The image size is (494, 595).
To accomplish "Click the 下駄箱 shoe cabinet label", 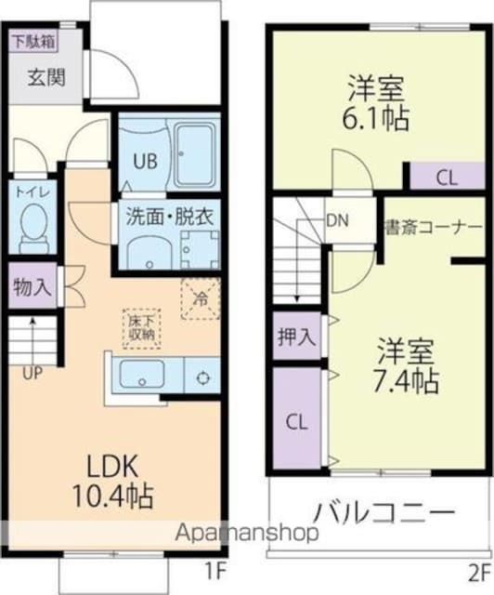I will tap(32, 42).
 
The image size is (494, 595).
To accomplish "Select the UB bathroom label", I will tap(144, 160).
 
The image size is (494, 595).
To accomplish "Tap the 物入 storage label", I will tap(32, 287).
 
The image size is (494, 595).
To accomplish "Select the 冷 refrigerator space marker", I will tap(200, 299).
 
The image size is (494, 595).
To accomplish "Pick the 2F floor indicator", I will tap(479, 570).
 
